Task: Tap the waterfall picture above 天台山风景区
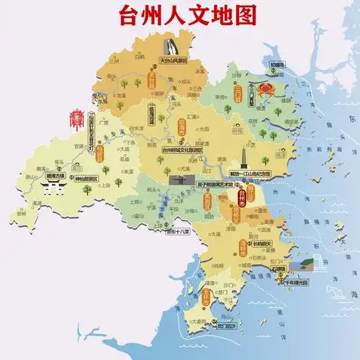tap(170, 48)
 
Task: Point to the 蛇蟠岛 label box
tap(276, 65)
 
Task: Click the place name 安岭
tap(21, 214)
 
